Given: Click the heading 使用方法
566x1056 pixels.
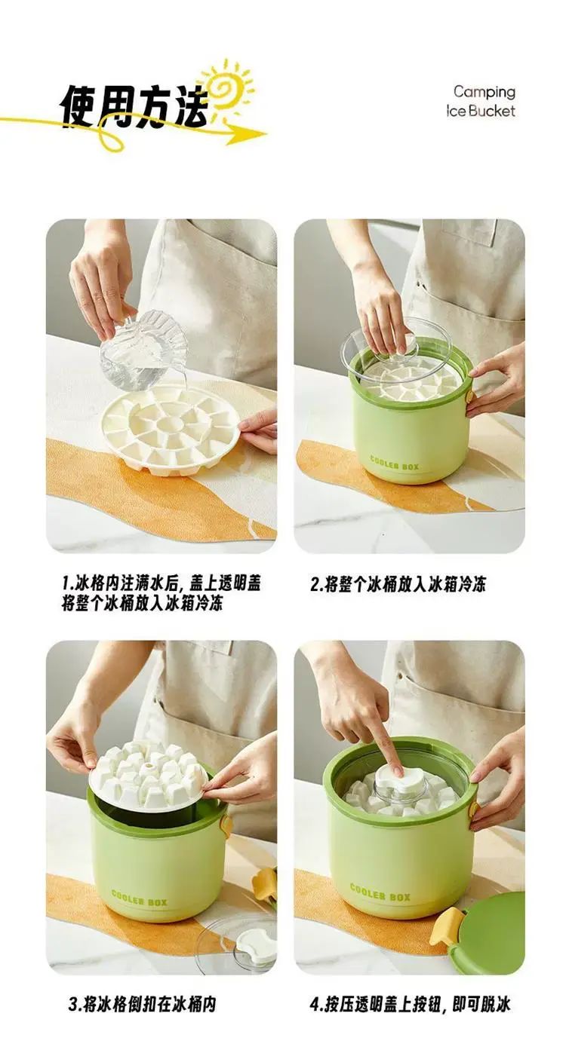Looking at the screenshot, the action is coord(134,106).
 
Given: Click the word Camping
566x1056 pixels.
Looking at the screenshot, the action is coord(484,92).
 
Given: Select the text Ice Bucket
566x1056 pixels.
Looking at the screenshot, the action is coord(481,112).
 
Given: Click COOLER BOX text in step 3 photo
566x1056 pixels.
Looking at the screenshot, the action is coord(140,898).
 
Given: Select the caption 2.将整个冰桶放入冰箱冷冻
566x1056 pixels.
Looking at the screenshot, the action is coord(398,585).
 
